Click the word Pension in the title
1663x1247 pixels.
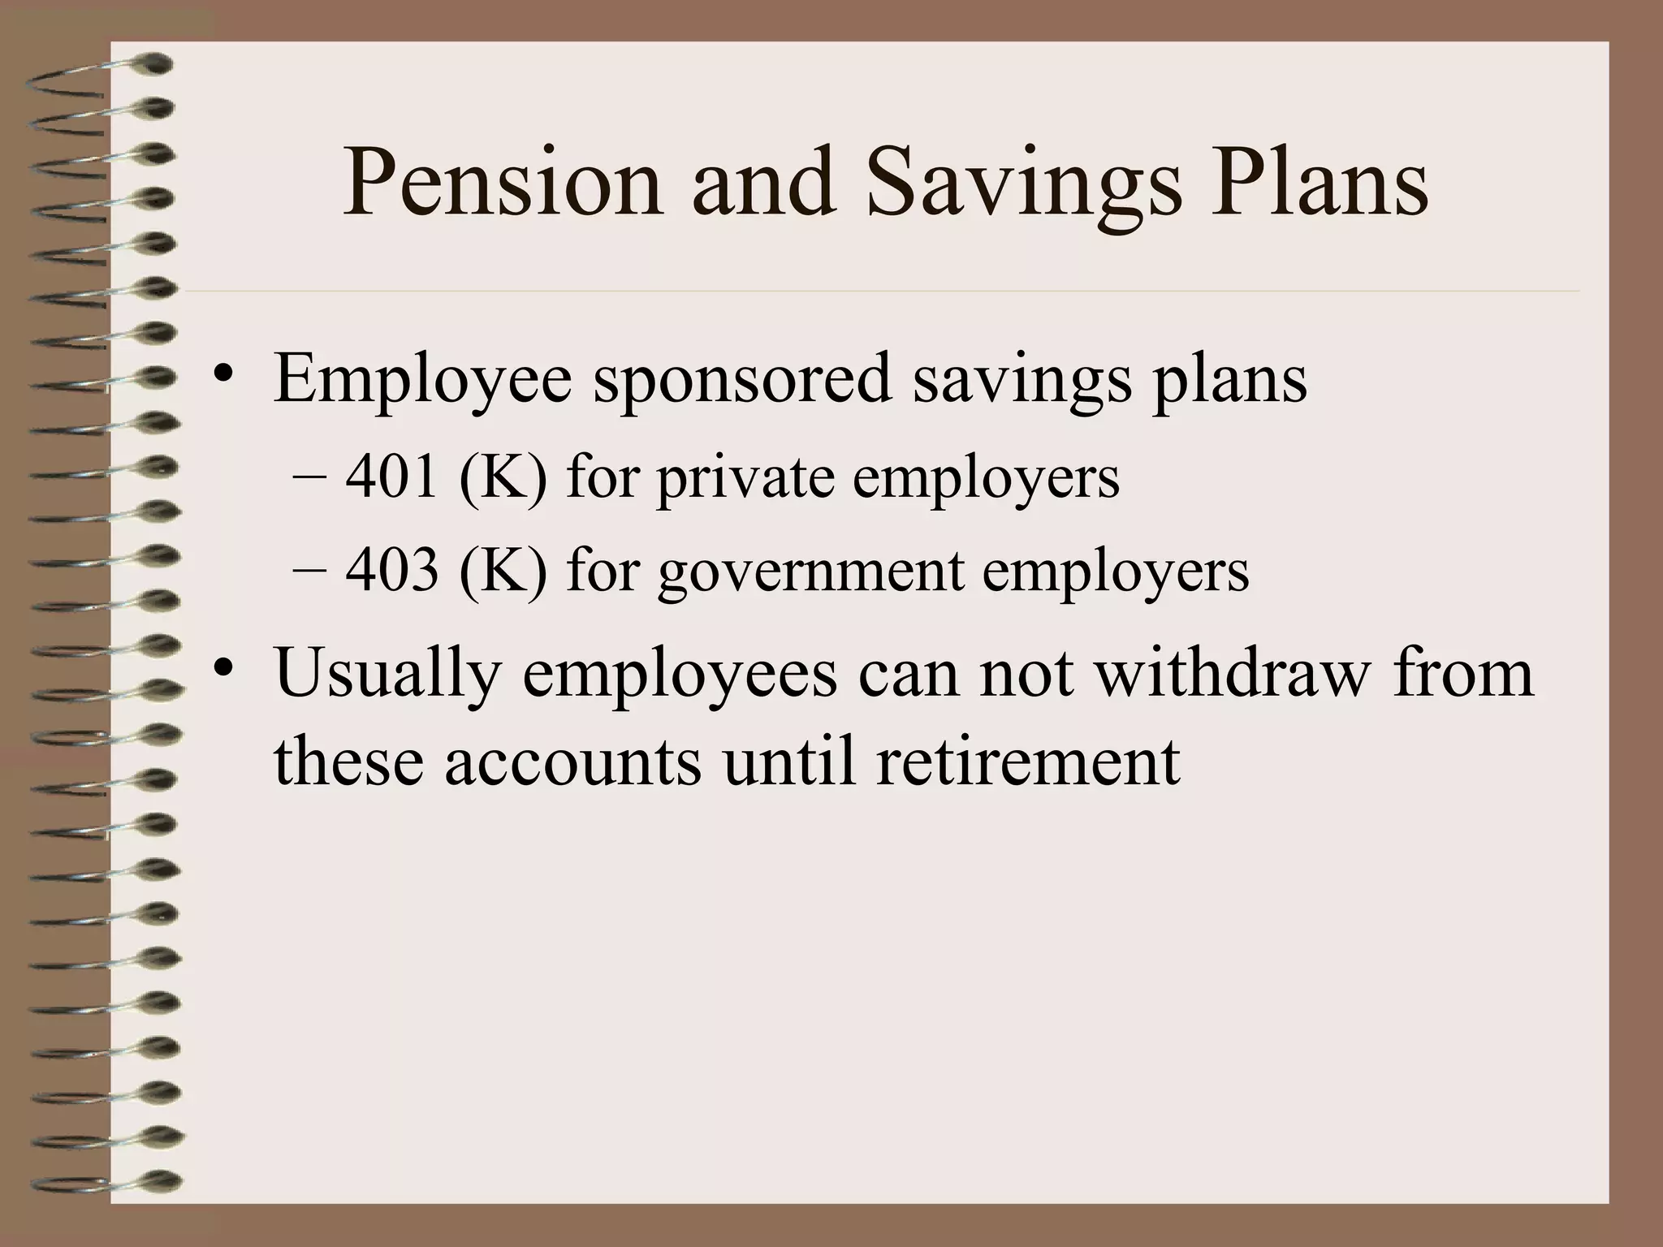502,183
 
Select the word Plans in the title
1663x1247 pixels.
1319,183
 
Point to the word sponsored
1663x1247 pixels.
742,380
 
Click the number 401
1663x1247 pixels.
392,477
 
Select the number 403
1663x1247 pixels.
392,570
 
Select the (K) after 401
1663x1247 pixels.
502,477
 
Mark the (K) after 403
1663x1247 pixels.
502,570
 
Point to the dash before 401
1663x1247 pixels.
308,479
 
